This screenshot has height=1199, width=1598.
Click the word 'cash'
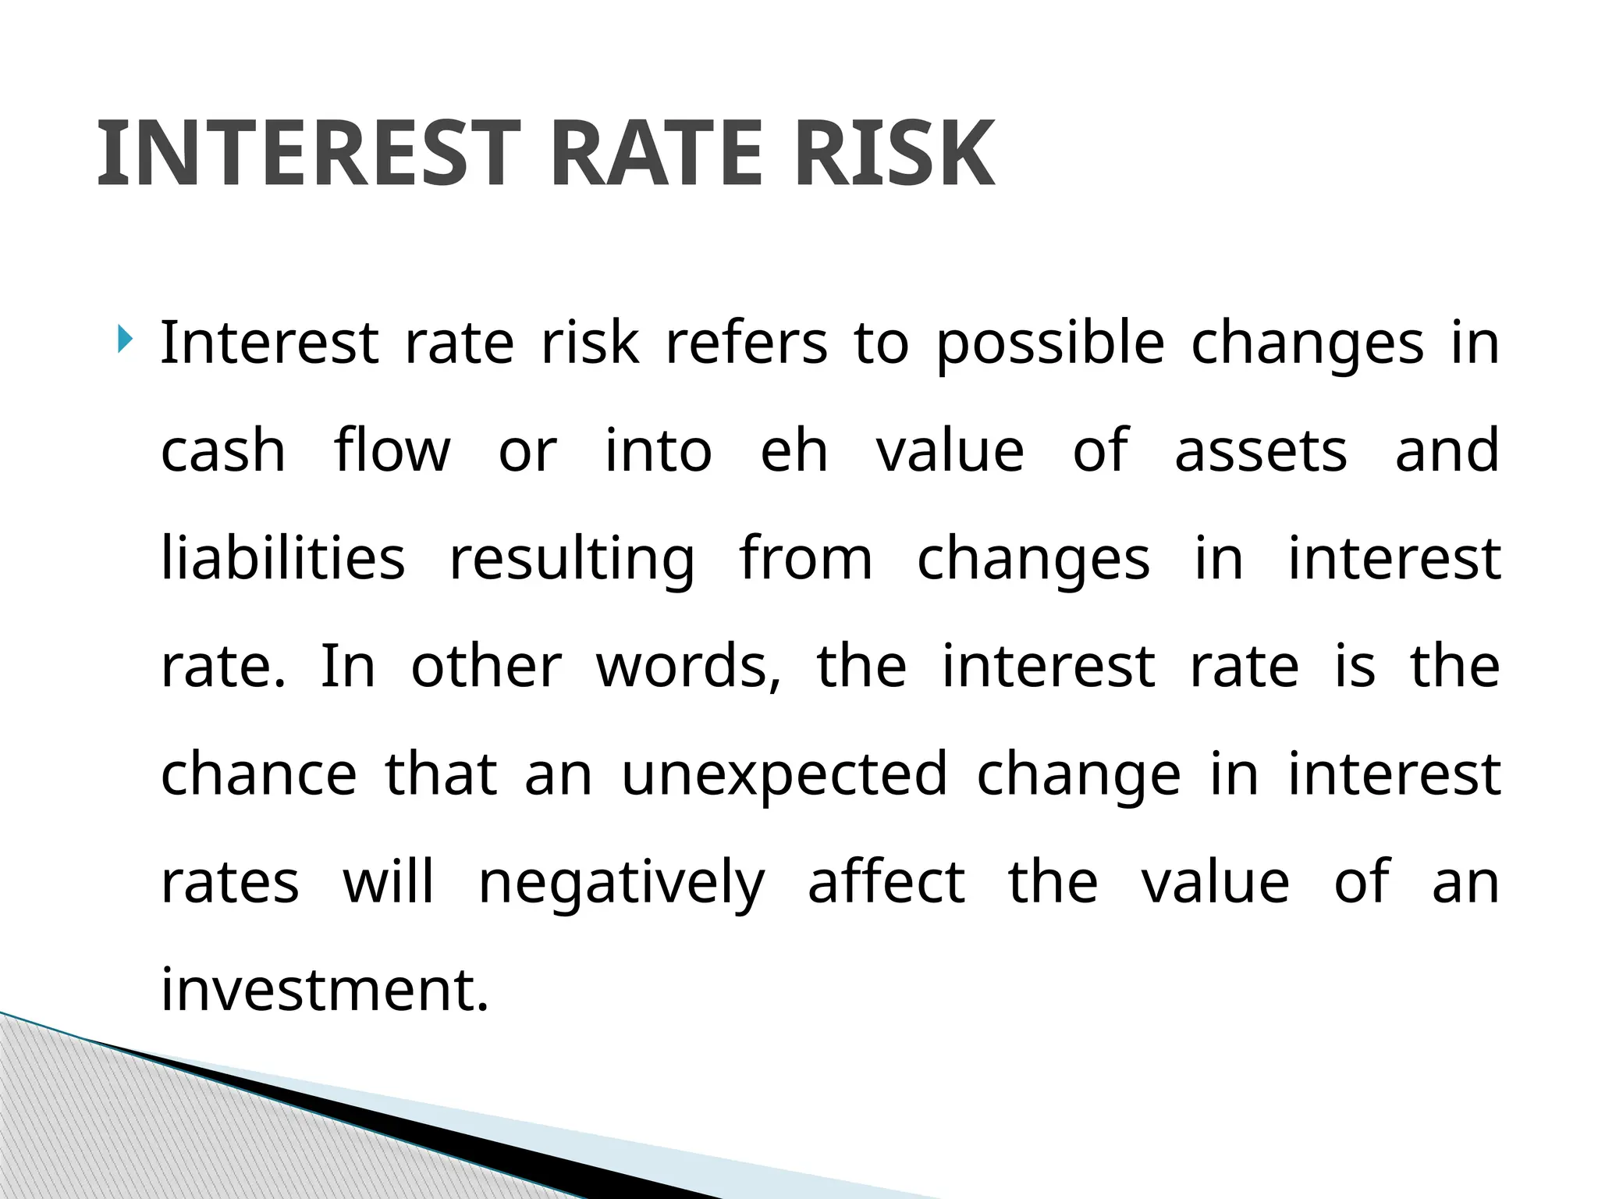tap(223, 450)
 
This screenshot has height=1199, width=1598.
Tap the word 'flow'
tap(392, 450)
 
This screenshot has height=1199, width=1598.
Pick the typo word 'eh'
tap(794, 450)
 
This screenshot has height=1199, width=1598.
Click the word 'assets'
tap(1260, 451)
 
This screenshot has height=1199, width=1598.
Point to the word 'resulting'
tap(572, 560)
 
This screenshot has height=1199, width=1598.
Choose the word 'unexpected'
tap(784, 775)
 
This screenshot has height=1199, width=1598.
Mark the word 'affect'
tap(886, 881)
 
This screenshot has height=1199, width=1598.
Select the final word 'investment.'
tap(325, 989)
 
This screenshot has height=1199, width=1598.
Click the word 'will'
tap(388, 881)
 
